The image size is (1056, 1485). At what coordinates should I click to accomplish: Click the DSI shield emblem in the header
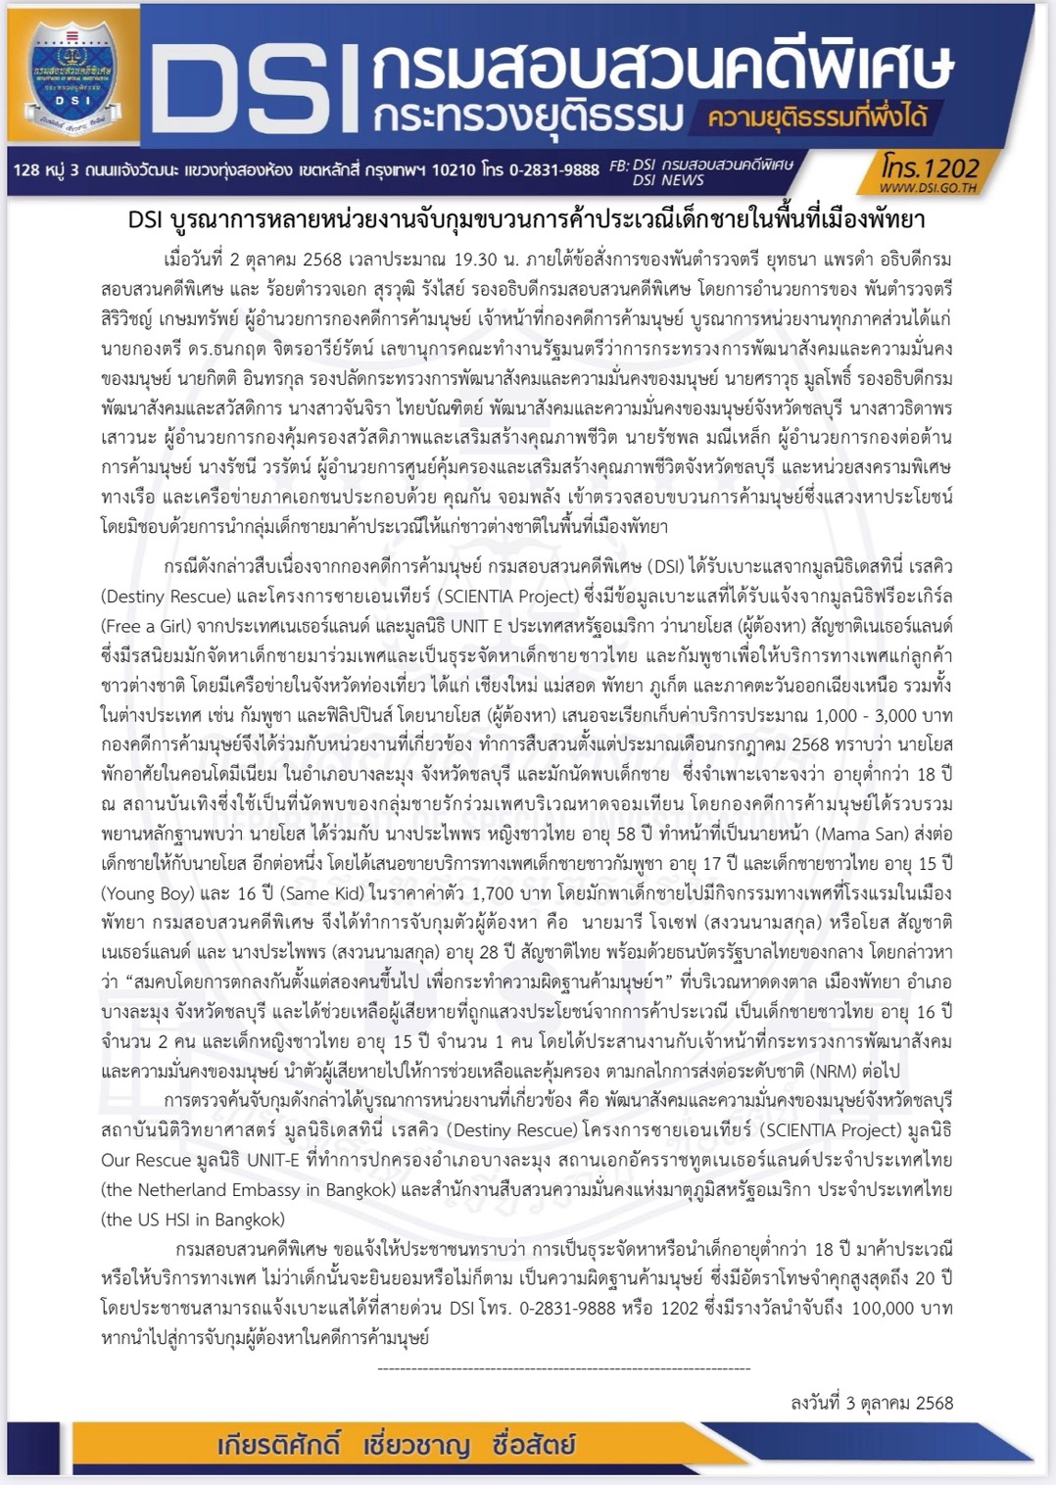(74, 73)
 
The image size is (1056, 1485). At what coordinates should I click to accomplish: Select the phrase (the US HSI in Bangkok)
(193, 1220)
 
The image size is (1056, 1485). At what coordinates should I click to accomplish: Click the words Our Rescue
(146, 1160)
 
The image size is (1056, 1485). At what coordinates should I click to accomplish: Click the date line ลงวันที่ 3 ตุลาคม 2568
(872, 1403)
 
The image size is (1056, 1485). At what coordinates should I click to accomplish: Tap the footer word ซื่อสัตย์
(535, 1446)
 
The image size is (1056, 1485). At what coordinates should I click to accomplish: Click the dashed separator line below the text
(563, 1368)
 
